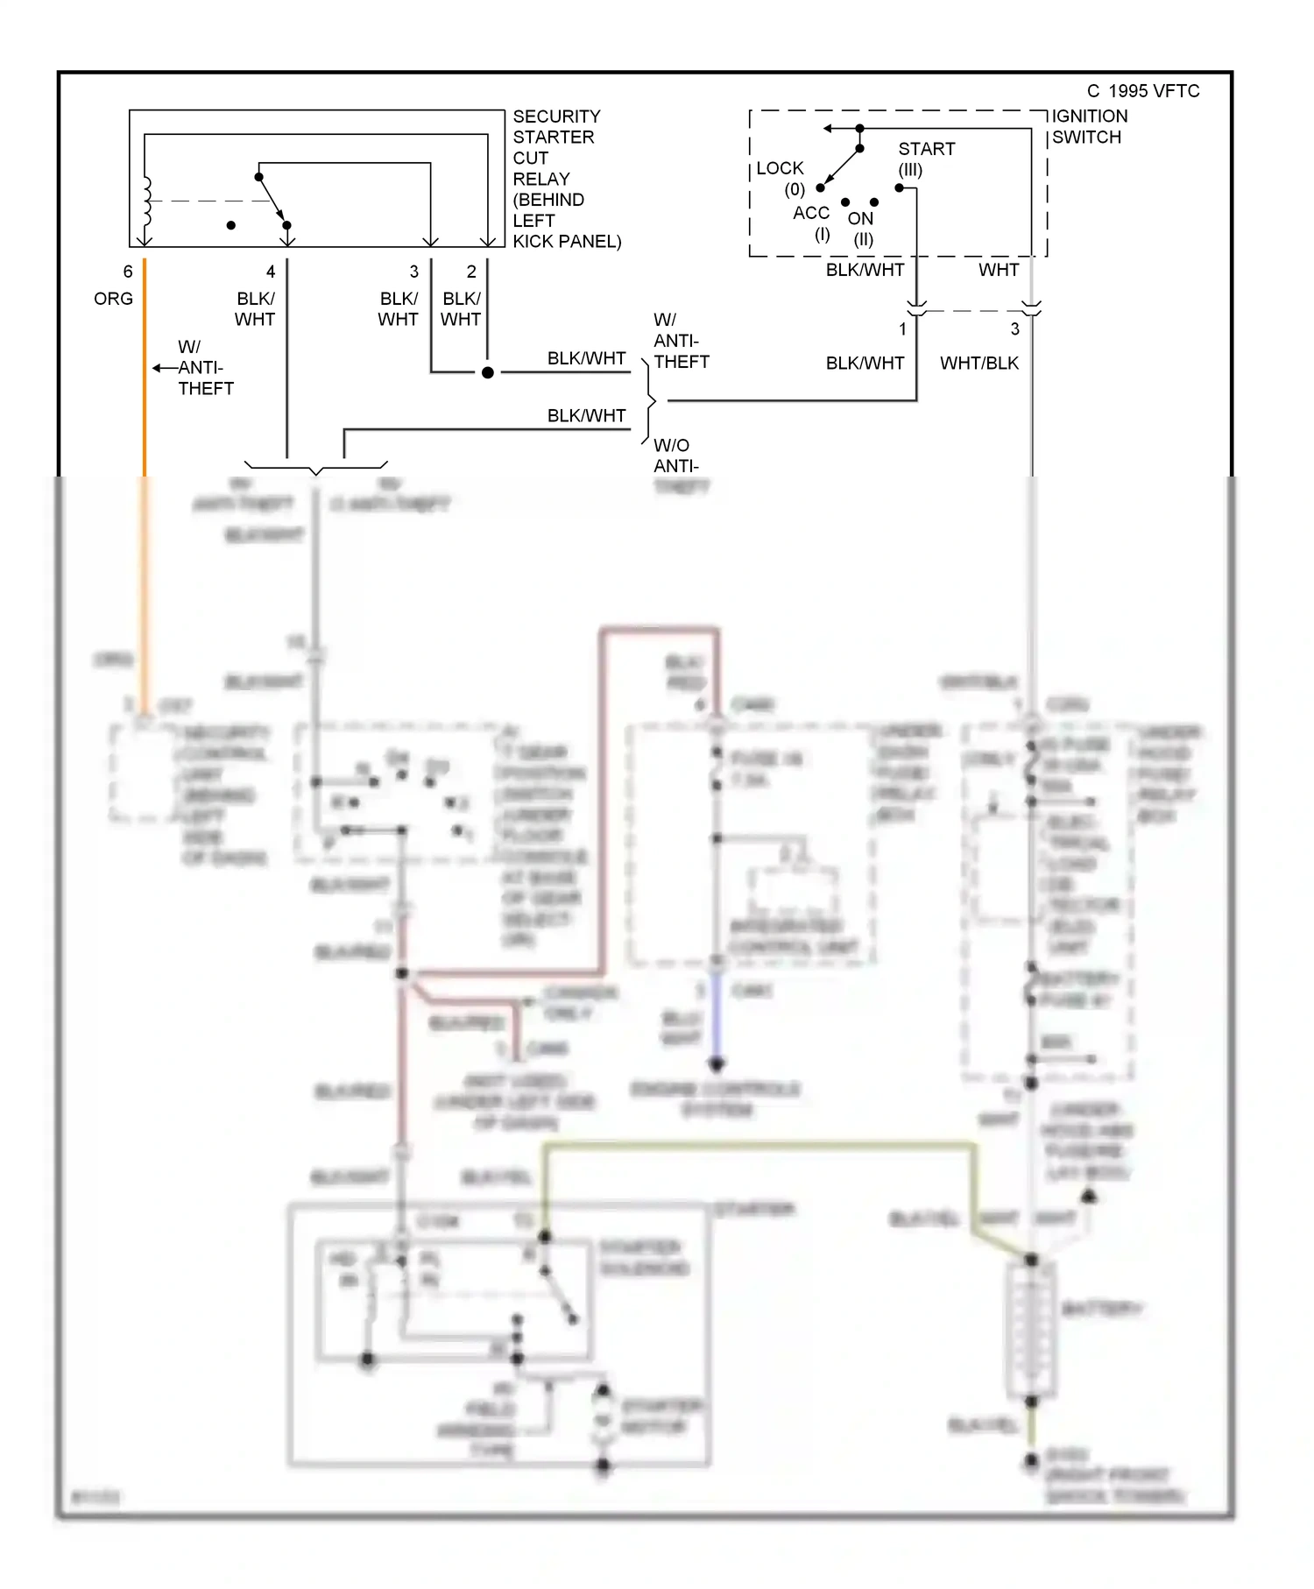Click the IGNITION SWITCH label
1089,126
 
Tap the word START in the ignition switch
926,149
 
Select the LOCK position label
780,168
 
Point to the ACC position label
810,213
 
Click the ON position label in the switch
860,219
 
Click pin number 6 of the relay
128,272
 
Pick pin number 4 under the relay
271,272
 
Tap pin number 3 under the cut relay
414,272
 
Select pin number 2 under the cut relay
471,272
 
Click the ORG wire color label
113,299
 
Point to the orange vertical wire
145,394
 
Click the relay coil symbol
146,201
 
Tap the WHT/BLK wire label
978,363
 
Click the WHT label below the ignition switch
998,270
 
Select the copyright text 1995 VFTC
1143,91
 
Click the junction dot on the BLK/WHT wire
488,372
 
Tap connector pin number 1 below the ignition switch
902,329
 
